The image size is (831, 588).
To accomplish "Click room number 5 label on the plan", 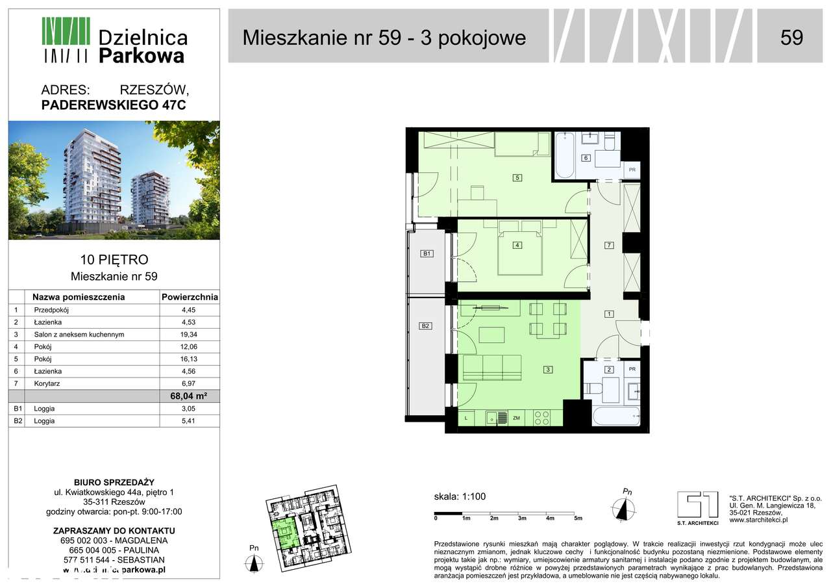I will click(x=517, y=177).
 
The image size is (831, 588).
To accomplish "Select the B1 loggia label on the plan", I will click(x=427, y=253).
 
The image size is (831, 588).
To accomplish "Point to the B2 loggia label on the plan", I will click(x=425, y=326).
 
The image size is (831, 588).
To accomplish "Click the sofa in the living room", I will click(x=493, y=368).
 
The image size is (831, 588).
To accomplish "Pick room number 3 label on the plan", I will click(x=548, y=370).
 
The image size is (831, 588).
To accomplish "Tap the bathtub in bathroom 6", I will click(x=565, y=156).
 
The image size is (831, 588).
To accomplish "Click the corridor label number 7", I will click(x=608, y=245).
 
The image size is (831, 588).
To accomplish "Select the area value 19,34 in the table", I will click(x=189, y=335).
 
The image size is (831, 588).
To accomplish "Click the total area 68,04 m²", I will click(x=190, y=396).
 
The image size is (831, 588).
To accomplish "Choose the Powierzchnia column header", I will click(x=190, y=297).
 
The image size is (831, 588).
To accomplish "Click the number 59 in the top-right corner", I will click(x=791, y=38).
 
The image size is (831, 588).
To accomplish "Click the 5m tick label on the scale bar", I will click(x=578, y=518).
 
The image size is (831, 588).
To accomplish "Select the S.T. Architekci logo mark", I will click(x=698, y=505).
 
